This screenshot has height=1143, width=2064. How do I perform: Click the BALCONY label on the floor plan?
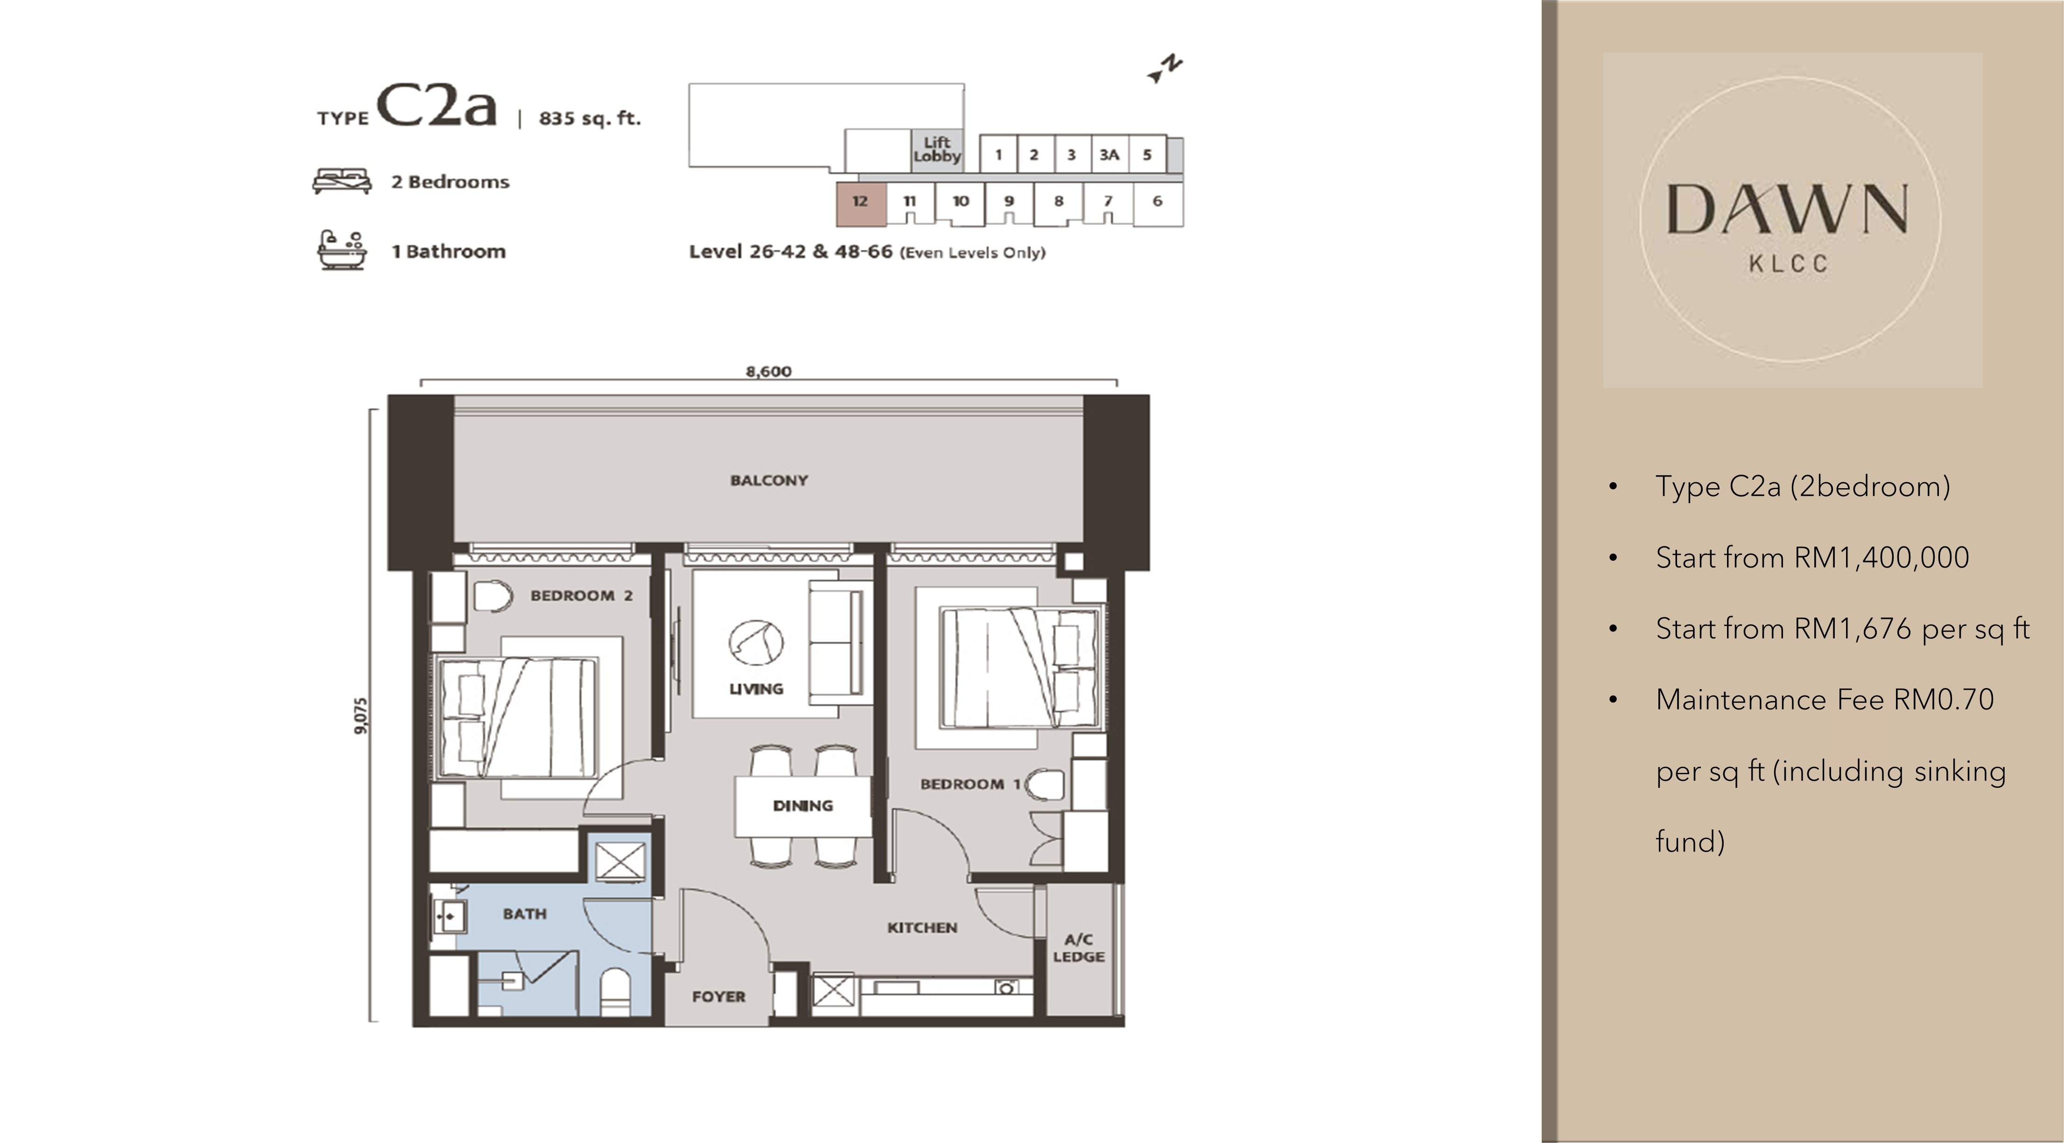point(768,481)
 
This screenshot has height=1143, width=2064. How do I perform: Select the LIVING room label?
point(756,689)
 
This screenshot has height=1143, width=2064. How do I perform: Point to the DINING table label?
point(803,806)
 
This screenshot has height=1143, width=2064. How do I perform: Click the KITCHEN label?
point(921,927)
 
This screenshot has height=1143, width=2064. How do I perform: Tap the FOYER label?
point(719,996)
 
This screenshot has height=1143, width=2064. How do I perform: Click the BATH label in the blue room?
point(525,914)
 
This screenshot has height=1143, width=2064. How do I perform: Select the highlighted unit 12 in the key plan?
point(861,202)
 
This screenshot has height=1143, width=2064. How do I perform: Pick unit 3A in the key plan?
point(1109,154)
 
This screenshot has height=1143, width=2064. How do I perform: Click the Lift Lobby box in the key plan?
point(937,150)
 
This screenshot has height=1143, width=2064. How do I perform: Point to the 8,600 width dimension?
point(768,372)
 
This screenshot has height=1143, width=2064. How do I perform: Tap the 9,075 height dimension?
point(361,715)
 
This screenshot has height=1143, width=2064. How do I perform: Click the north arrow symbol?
point(1165,69)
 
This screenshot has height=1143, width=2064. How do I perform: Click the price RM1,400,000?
point(1881,557)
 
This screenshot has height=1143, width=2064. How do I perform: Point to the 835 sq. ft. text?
point(590,119)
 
